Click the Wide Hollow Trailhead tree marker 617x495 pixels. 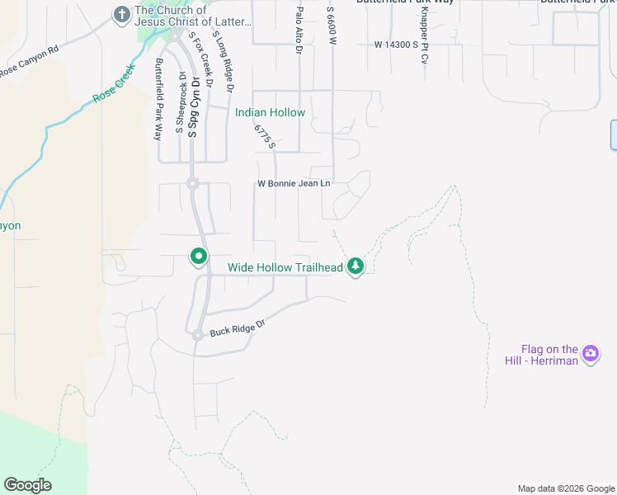click(356, 266)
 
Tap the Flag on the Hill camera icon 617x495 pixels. click(590, 354)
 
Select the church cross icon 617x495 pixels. click(121, 14)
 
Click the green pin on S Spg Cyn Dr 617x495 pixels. click(199, 257)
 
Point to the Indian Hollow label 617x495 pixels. click(270, 112)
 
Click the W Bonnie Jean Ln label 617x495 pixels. click(294, 183)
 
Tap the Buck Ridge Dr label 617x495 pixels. click(236, 328)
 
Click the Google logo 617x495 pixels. click(27, 485)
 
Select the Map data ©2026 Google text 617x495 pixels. click(565, 488)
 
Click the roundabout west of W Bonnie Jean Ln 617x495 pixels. click(192, 184)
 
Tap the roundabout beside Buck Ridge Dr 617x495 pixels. click(198, 335)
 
